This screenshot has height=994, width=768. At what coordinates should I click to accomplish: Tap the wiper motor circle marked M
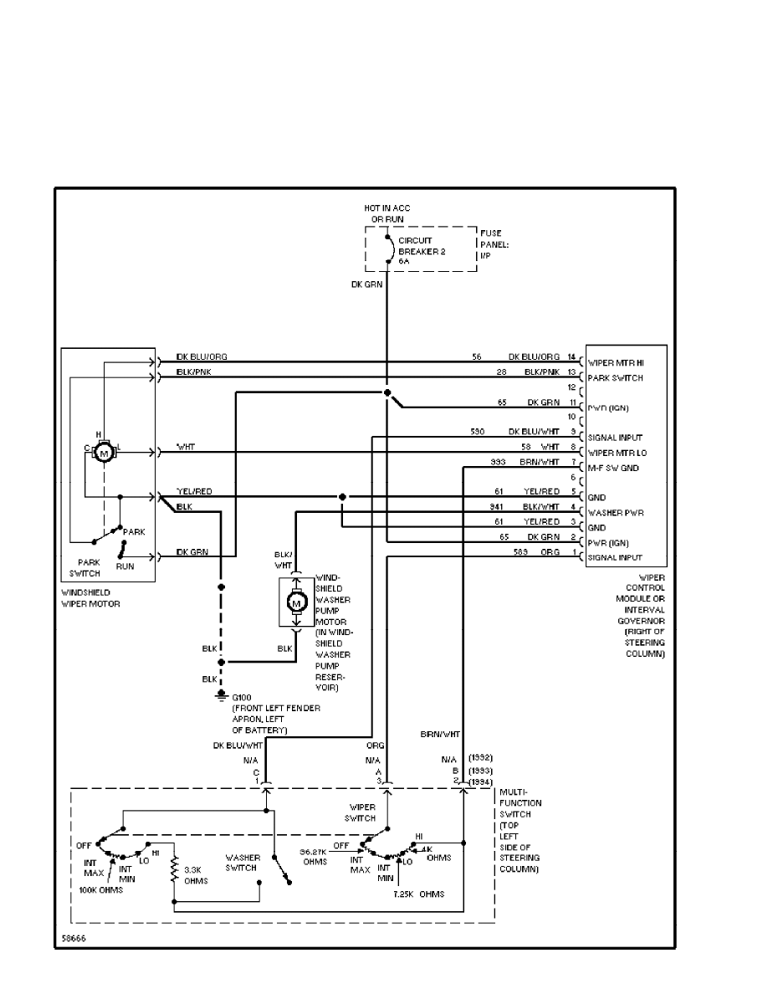(104, 453)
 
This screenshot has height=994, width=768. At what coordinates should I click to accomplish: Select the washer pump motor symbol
(295, 602)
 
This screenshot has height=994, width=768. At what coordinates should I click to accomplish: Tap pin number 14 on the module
(572, 357)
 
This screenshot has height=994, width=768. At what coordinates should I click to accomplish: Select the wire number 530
(478, 432)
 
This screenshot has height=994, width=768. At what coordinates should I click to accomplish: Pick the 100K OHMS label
(101, 889)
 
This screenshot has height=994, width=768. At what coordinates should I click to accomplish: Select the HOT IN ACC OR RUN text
(387, 213)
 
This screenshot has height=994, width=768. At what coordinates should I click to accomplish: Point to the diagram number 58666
(73, 939)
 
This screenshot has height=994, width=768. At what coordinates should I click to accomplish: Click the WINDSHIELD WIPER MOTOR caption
(91, 597)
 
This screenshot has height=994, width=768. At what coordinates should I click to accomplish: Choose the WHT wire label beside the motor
(186, 447)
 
